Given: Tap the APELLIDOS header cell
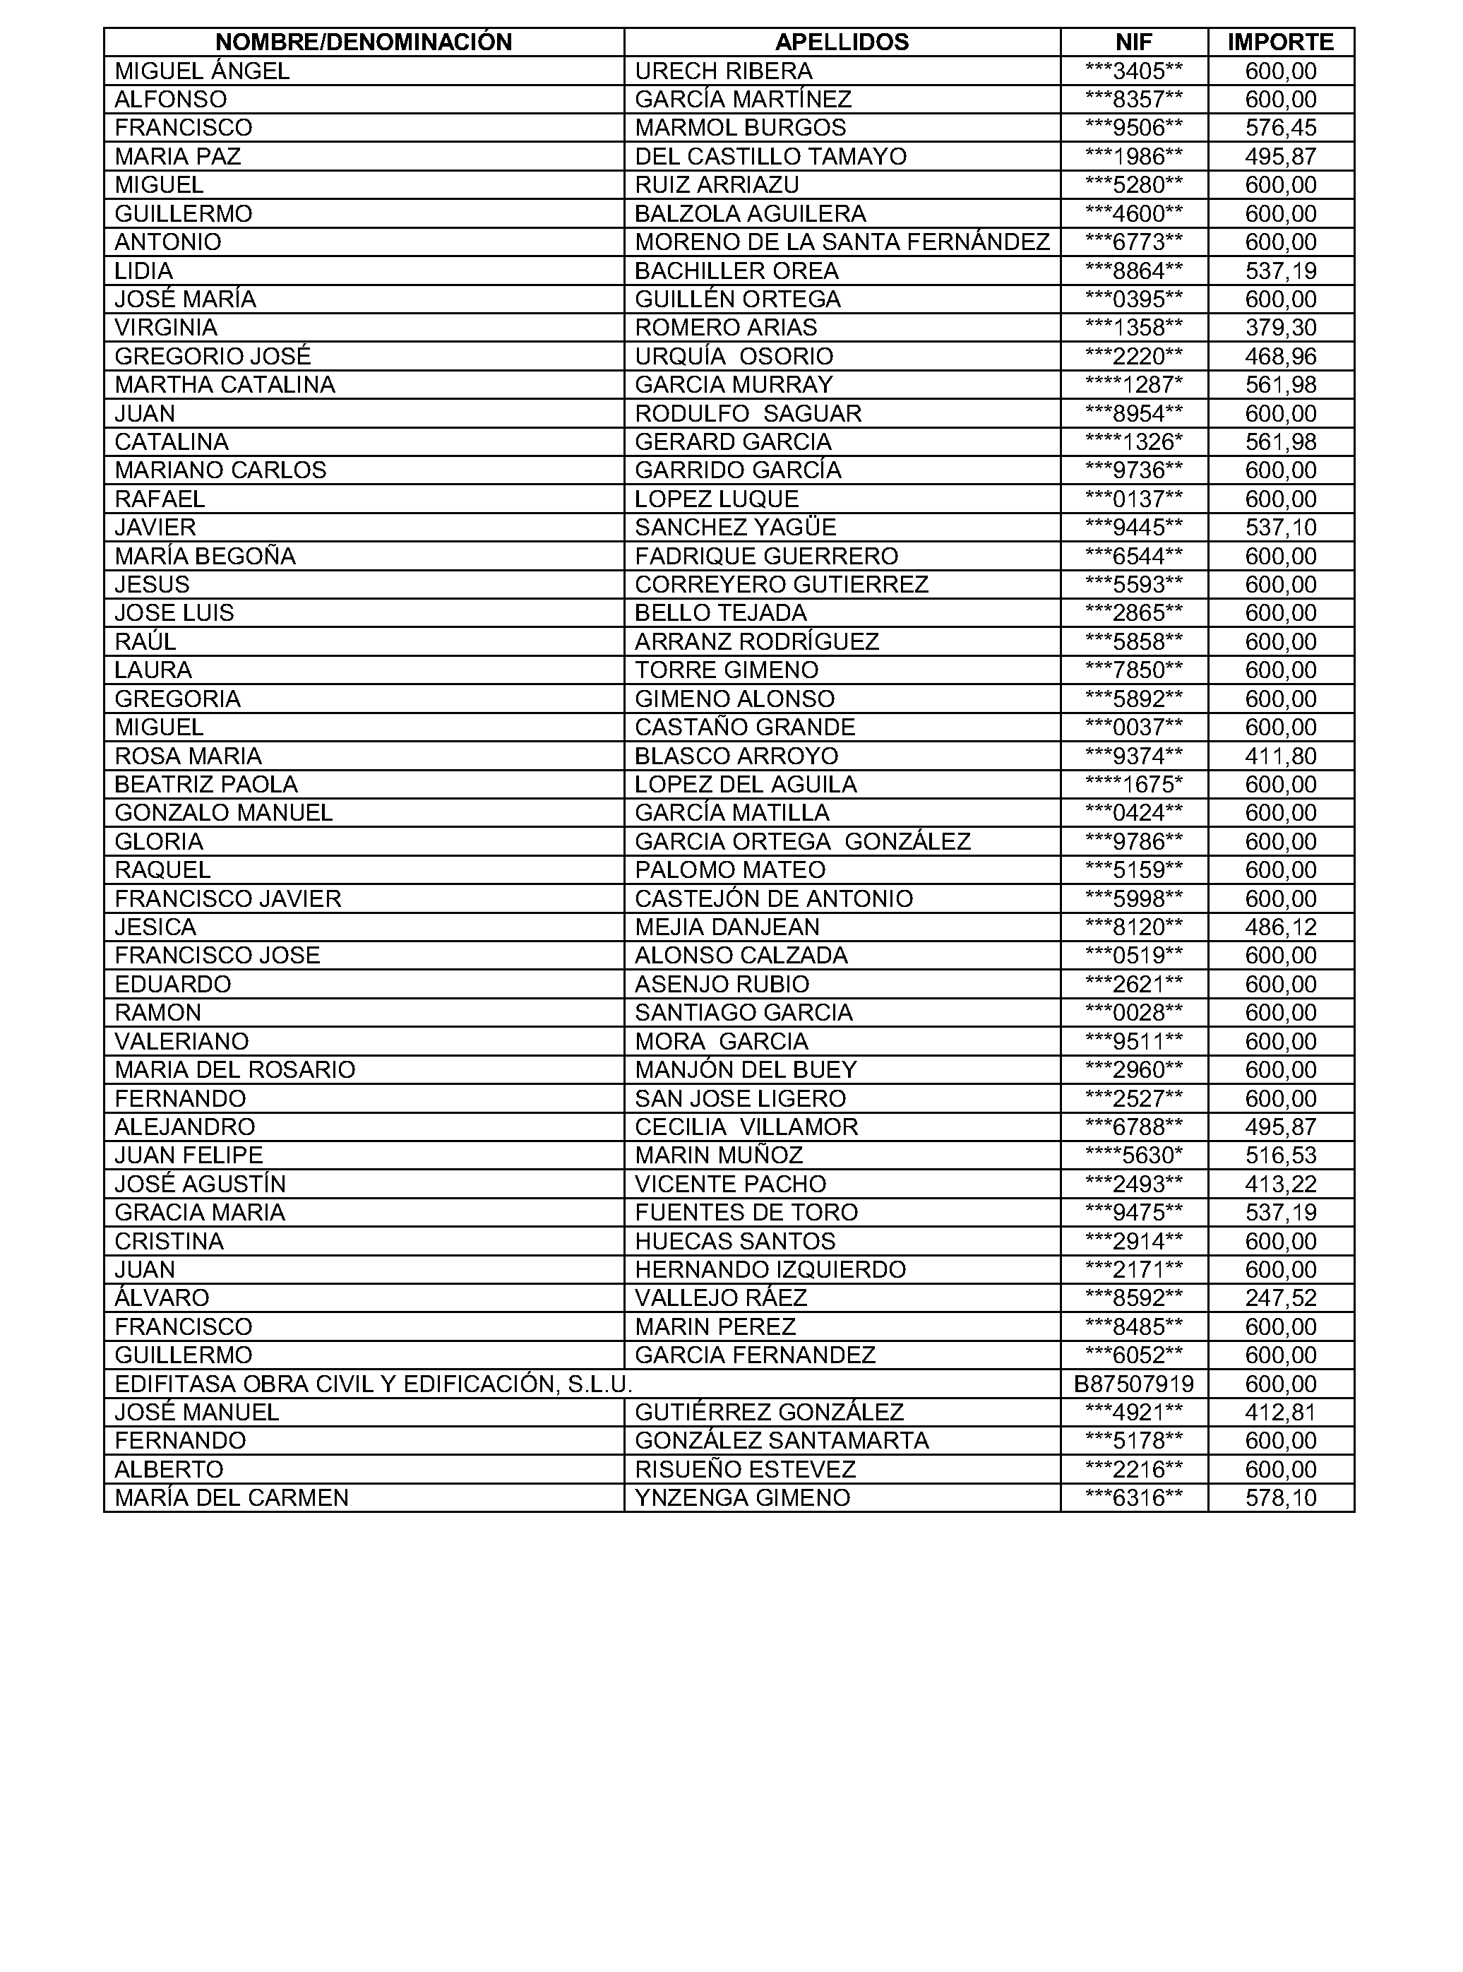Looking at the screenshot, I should pos(842,42).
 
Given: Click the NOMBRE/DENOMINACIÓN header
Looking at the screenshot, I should pos(363,42).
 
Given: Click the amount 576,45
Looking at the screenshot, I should pos(1281,128).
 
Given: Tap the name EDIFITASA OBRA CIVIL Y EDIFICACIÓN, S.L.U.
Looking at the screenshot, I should pos(373,1384).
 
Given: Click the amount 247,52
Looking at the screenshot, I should pos(1281,1298).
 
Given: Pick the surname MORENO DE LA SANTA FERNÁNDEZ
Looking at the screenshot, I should pos(842,242).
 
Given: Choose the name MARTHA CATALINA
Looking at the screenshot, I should pos(225,384).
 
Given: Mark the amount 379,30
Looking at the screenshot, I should pos(1281,328).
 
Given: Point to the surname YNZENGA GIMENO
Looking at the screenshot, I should pos(742,1498).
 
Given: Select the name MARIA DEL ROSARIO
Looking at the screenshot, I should pos(234,1069).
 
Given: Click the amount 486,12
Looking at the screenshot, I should pos(1281,927).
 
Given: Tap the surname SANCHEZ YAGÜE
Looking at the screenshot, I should pos(735,527).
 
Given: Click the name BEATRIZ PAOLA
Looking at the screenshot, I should pos(206,784).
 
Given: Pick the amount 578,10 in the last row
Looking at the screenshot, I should pos(1281,1498).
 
